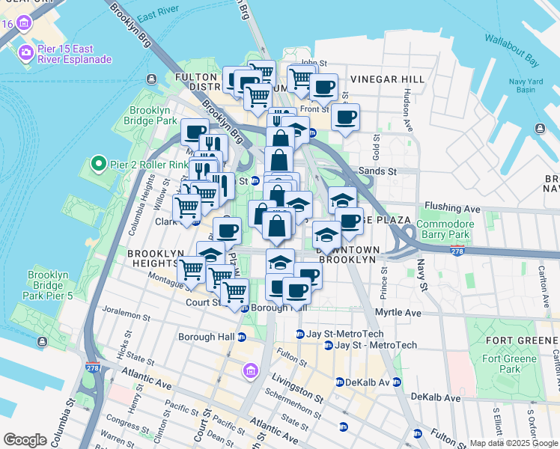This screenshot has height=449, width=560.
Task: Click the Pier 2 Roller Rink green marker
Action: pyautogui.click(x=96, y=162)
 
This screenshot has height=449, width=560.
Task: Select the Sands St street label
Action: pyautogui.click(x=381, y=171)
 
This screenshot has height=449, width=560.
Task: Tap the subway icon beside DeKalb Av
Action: pyautogui.click(x=341, y=382)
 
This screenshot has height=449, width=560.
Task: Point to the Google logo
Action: pyautogui.click(x=25, y=440)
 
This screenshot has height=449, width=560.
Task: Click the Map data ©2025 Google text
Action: pyautogui.click(x=513, y=443)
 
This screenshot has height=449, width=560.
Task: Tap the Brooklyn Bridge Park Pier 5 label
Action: pyautogui.click(x=49, y=285)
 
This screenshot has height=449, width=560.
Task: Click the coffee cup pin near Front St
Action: pyautogui.click(x=346, y=118)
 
